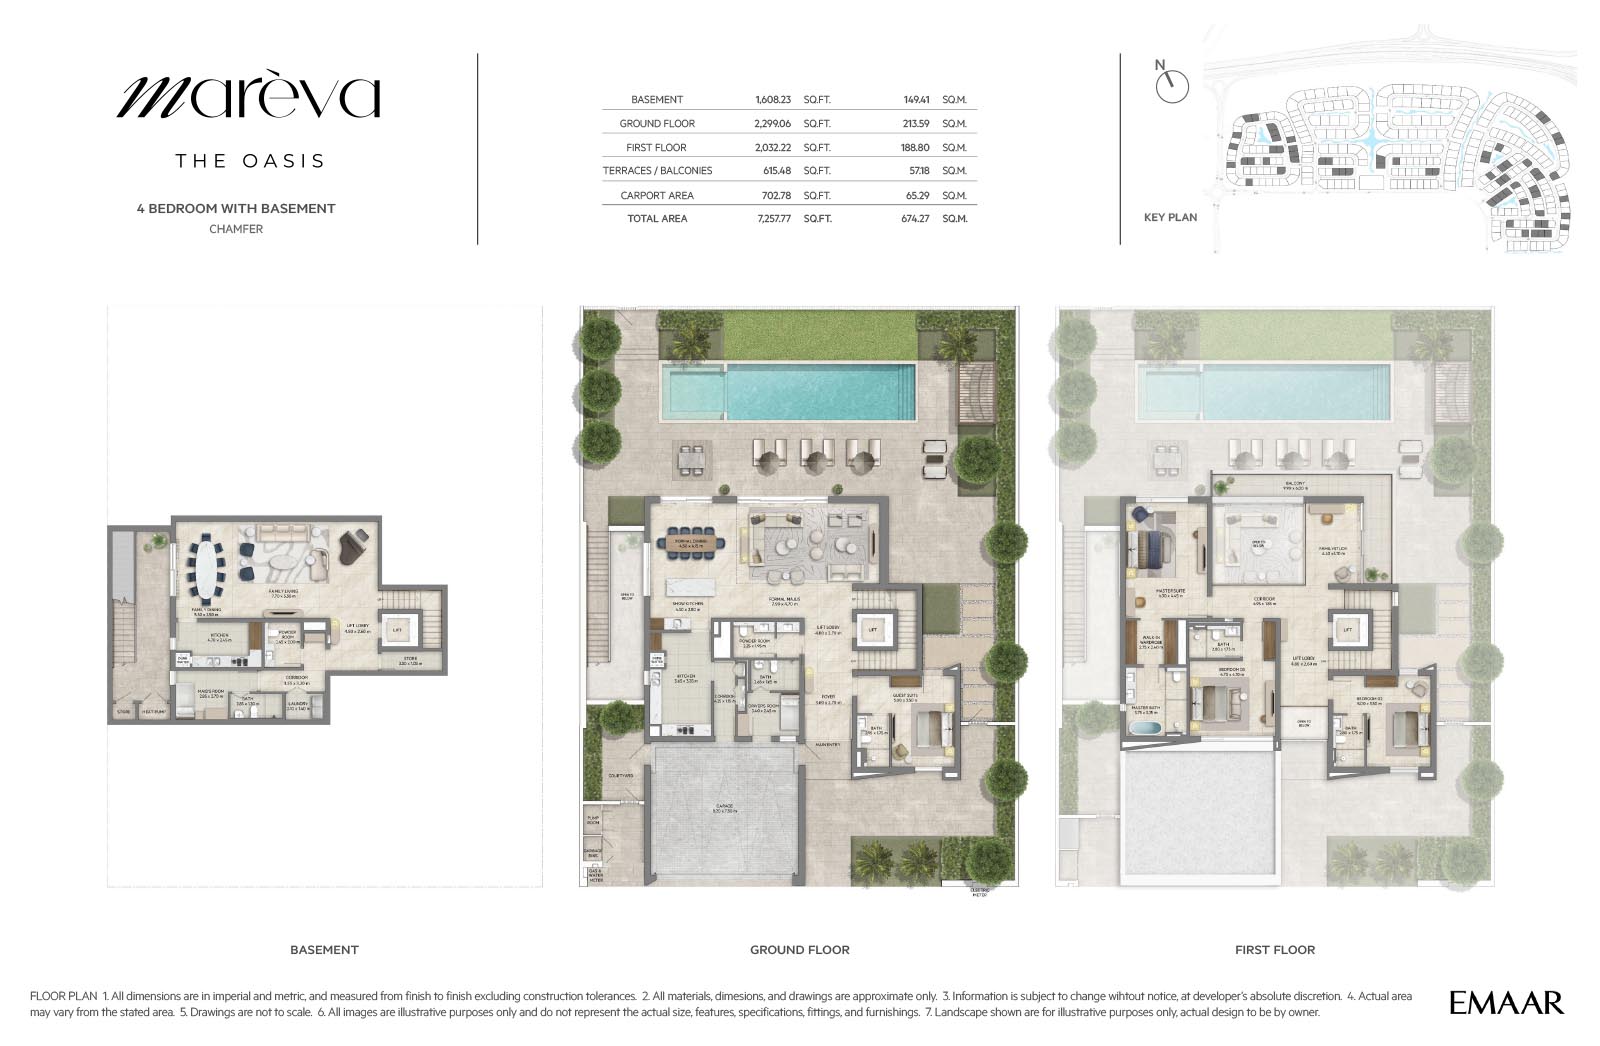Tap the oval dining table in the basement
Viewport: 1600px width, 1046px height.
210,566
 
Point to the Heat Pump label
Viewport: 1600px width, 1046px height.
153,712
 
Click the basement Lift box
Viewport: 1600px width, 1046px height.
397,630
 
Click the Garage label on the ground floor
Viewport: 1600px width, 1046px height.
726,807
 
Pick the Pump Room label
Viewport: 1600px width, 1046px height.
592,821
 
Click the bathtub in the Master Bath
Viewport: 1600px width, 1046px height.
1146,729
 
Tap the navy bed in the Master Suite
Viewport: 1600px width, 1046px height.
1151,548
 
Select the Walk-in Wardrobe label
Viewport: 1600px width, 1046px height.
1150,645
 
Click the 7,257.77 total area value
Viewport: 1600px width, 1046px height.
772,218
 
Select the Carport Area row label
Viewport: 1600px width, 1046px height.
656,195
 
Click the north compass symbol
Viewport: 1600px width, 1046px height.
1171,86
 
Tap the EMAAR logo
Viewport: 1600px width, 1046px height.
1506,1002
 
